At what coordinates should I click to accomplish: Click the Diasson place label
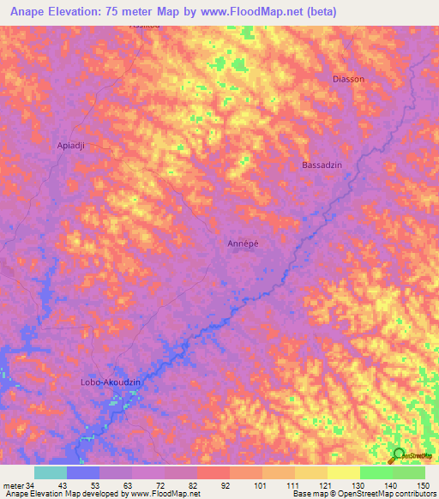348,79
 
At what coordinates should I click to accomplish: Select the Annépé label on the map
244,243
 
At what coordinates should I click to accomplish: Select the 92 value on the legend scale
227,485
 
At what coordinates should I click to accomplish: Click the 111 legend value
292,485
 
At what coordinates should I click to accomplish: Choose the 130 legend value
358,485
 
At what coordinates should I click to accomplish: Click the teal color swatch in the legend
51,472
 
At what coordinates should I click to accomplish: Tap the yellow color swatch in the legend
343,472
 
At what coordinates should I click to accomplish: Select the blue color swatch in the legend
83,472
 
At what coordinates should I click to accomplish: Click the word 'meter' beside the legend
12,485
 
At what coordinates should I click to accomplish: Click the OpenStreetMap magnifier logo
399,454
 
